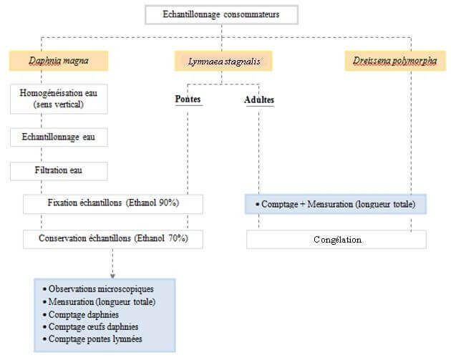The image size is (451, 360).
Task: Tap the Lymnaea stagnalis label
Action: coord(223,62)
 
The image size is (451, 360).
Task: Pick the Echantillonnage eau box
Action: coord(59,137)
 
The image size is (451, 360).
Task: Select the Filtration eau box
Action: coord(59,171)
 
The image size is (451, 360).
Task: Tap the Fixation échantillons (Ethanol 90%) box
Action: coord(113,204)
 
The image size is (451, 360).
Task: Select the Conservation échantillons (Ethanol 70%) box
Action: coord(113,238)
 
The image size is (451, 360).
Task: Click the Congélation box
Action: coord(336,240)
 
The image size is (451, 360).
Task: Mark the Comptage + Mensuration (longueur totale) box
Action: coord(336,205)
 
